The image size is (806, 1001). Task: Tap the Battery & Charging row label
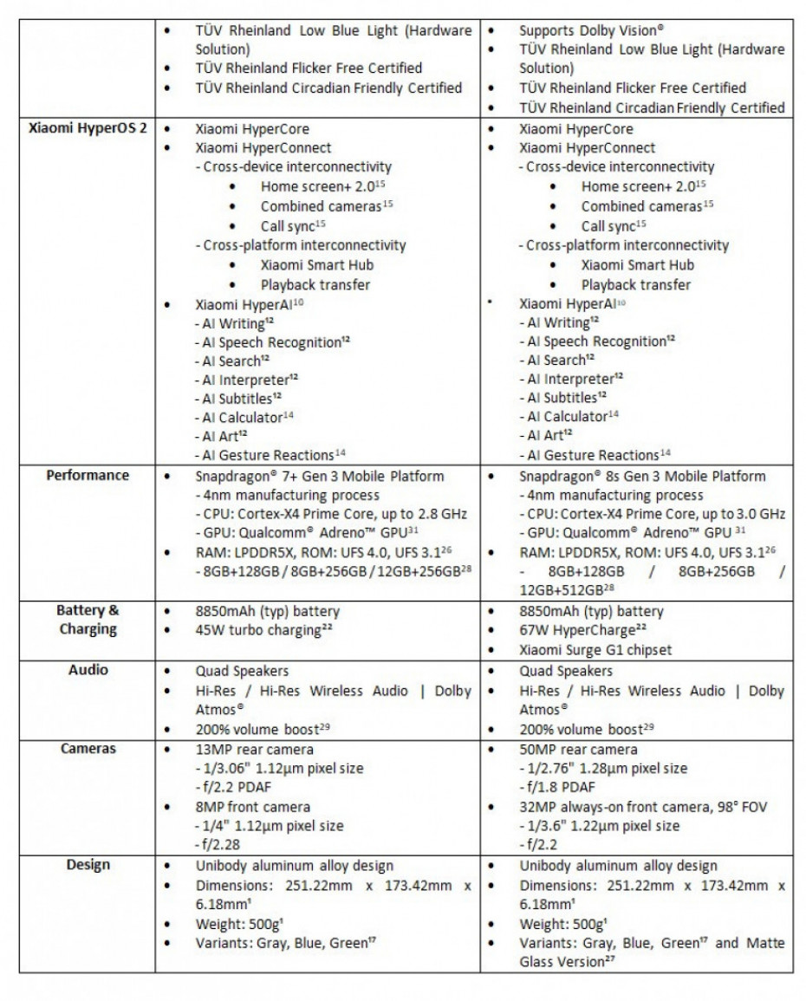(88, 620)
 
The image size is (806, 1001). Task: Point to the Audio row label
(88, 670)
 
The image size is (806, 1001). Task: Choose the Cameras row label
(88, 749)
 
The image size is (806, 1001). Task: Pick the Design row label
(88, 865)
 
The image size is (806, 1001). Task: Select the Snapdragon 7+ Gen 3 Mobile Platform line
(320, 476)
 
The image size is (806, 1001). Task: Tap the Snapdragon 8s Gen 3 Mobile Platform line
(642, 476)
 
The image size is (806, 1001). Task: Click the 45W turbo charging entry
(263, 630)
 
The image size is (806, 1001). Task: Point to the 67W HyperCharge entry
(580, 630)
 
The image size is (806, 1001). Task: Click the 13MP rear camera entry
(254, 749)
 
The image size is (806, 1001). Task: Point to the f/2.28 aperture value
(221, 845)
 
